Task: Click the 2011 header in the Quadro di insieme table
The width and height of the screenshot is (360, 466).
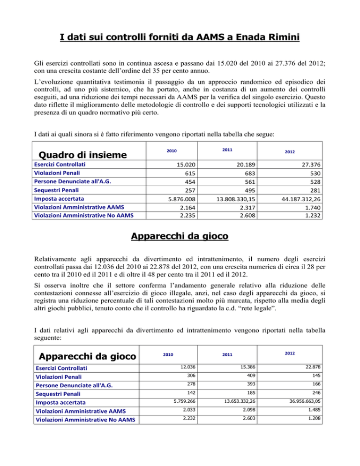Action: tap(227, 150)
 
